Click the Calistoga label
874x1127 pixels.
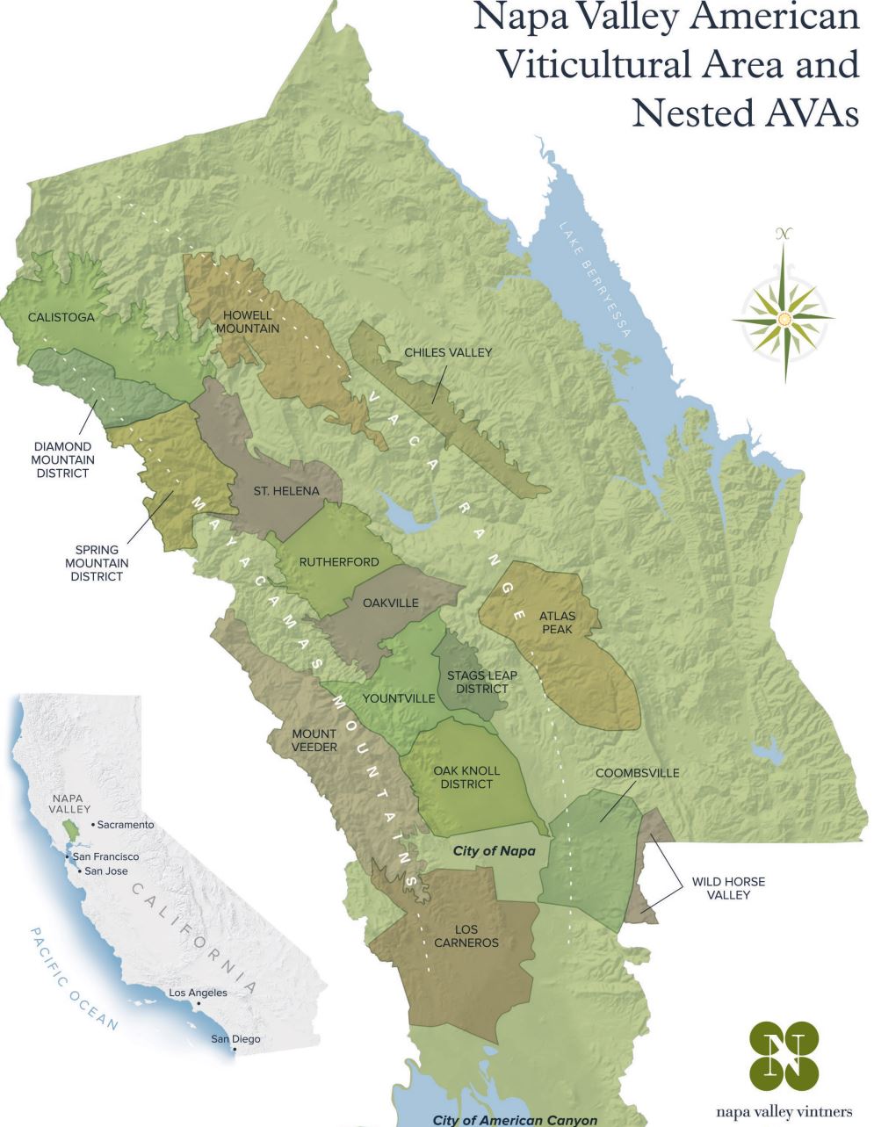click(x=61, y=317)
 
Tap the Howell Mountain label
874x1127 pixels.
click(x=250, y=321)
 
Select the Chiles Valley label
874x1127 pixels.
click(x=448, y=352)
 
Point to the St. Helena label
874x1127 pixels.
click(x=286, y=491)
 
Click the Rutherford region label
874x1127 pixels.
click(x=339, y=561)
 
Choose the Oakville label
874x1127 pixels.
click(x=390, y=603)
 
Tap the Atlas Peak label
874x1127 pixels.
click(x=558, y=623)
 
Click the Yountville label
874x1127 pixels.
click(x=399, y=698)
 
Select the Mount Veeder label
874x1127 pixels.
click(x=314, y=740)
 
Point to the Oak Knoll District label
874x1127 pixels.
click(x=466, y=777)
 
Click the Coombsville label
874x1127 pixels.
click(x=637, y=773)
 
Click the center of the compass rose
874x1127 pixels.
click(x=784, y=317)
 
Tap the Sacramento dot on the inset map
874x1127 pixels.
click(x=94, y=824)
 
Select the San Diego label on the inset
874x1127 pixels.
click(x=235, y=1039)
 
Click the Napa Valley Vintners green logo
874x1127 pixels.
click(x=784, y=1054)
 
